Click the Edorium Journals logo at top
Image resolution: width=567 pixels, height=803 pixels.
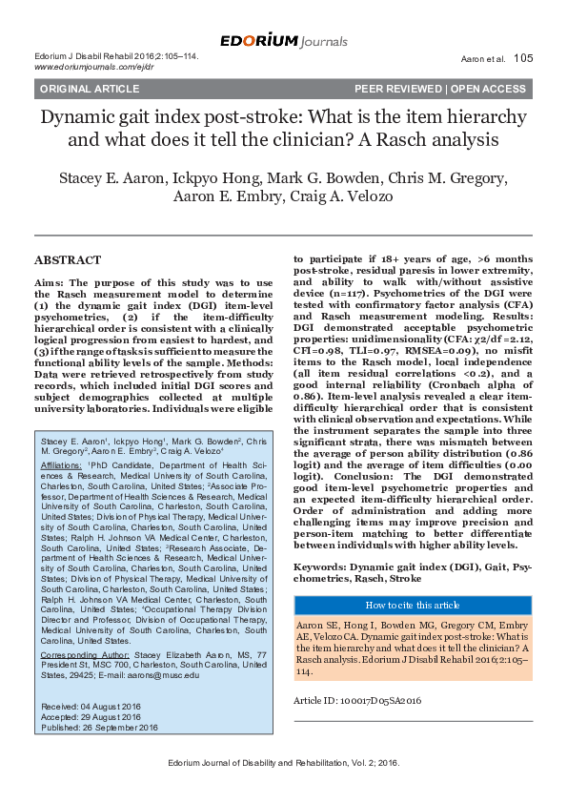(x=283, y=41)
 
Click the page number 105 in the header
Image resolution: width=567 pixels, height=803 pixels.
(x=523, y=58)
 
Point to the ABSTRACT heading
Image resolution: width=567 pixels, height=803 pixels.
(x=67, y=259)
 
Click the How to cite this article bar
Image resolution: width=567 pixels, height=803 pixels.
(x=413, y=605)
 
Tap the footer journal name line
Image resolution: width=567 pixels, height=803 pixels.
(x=283, y=763)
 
